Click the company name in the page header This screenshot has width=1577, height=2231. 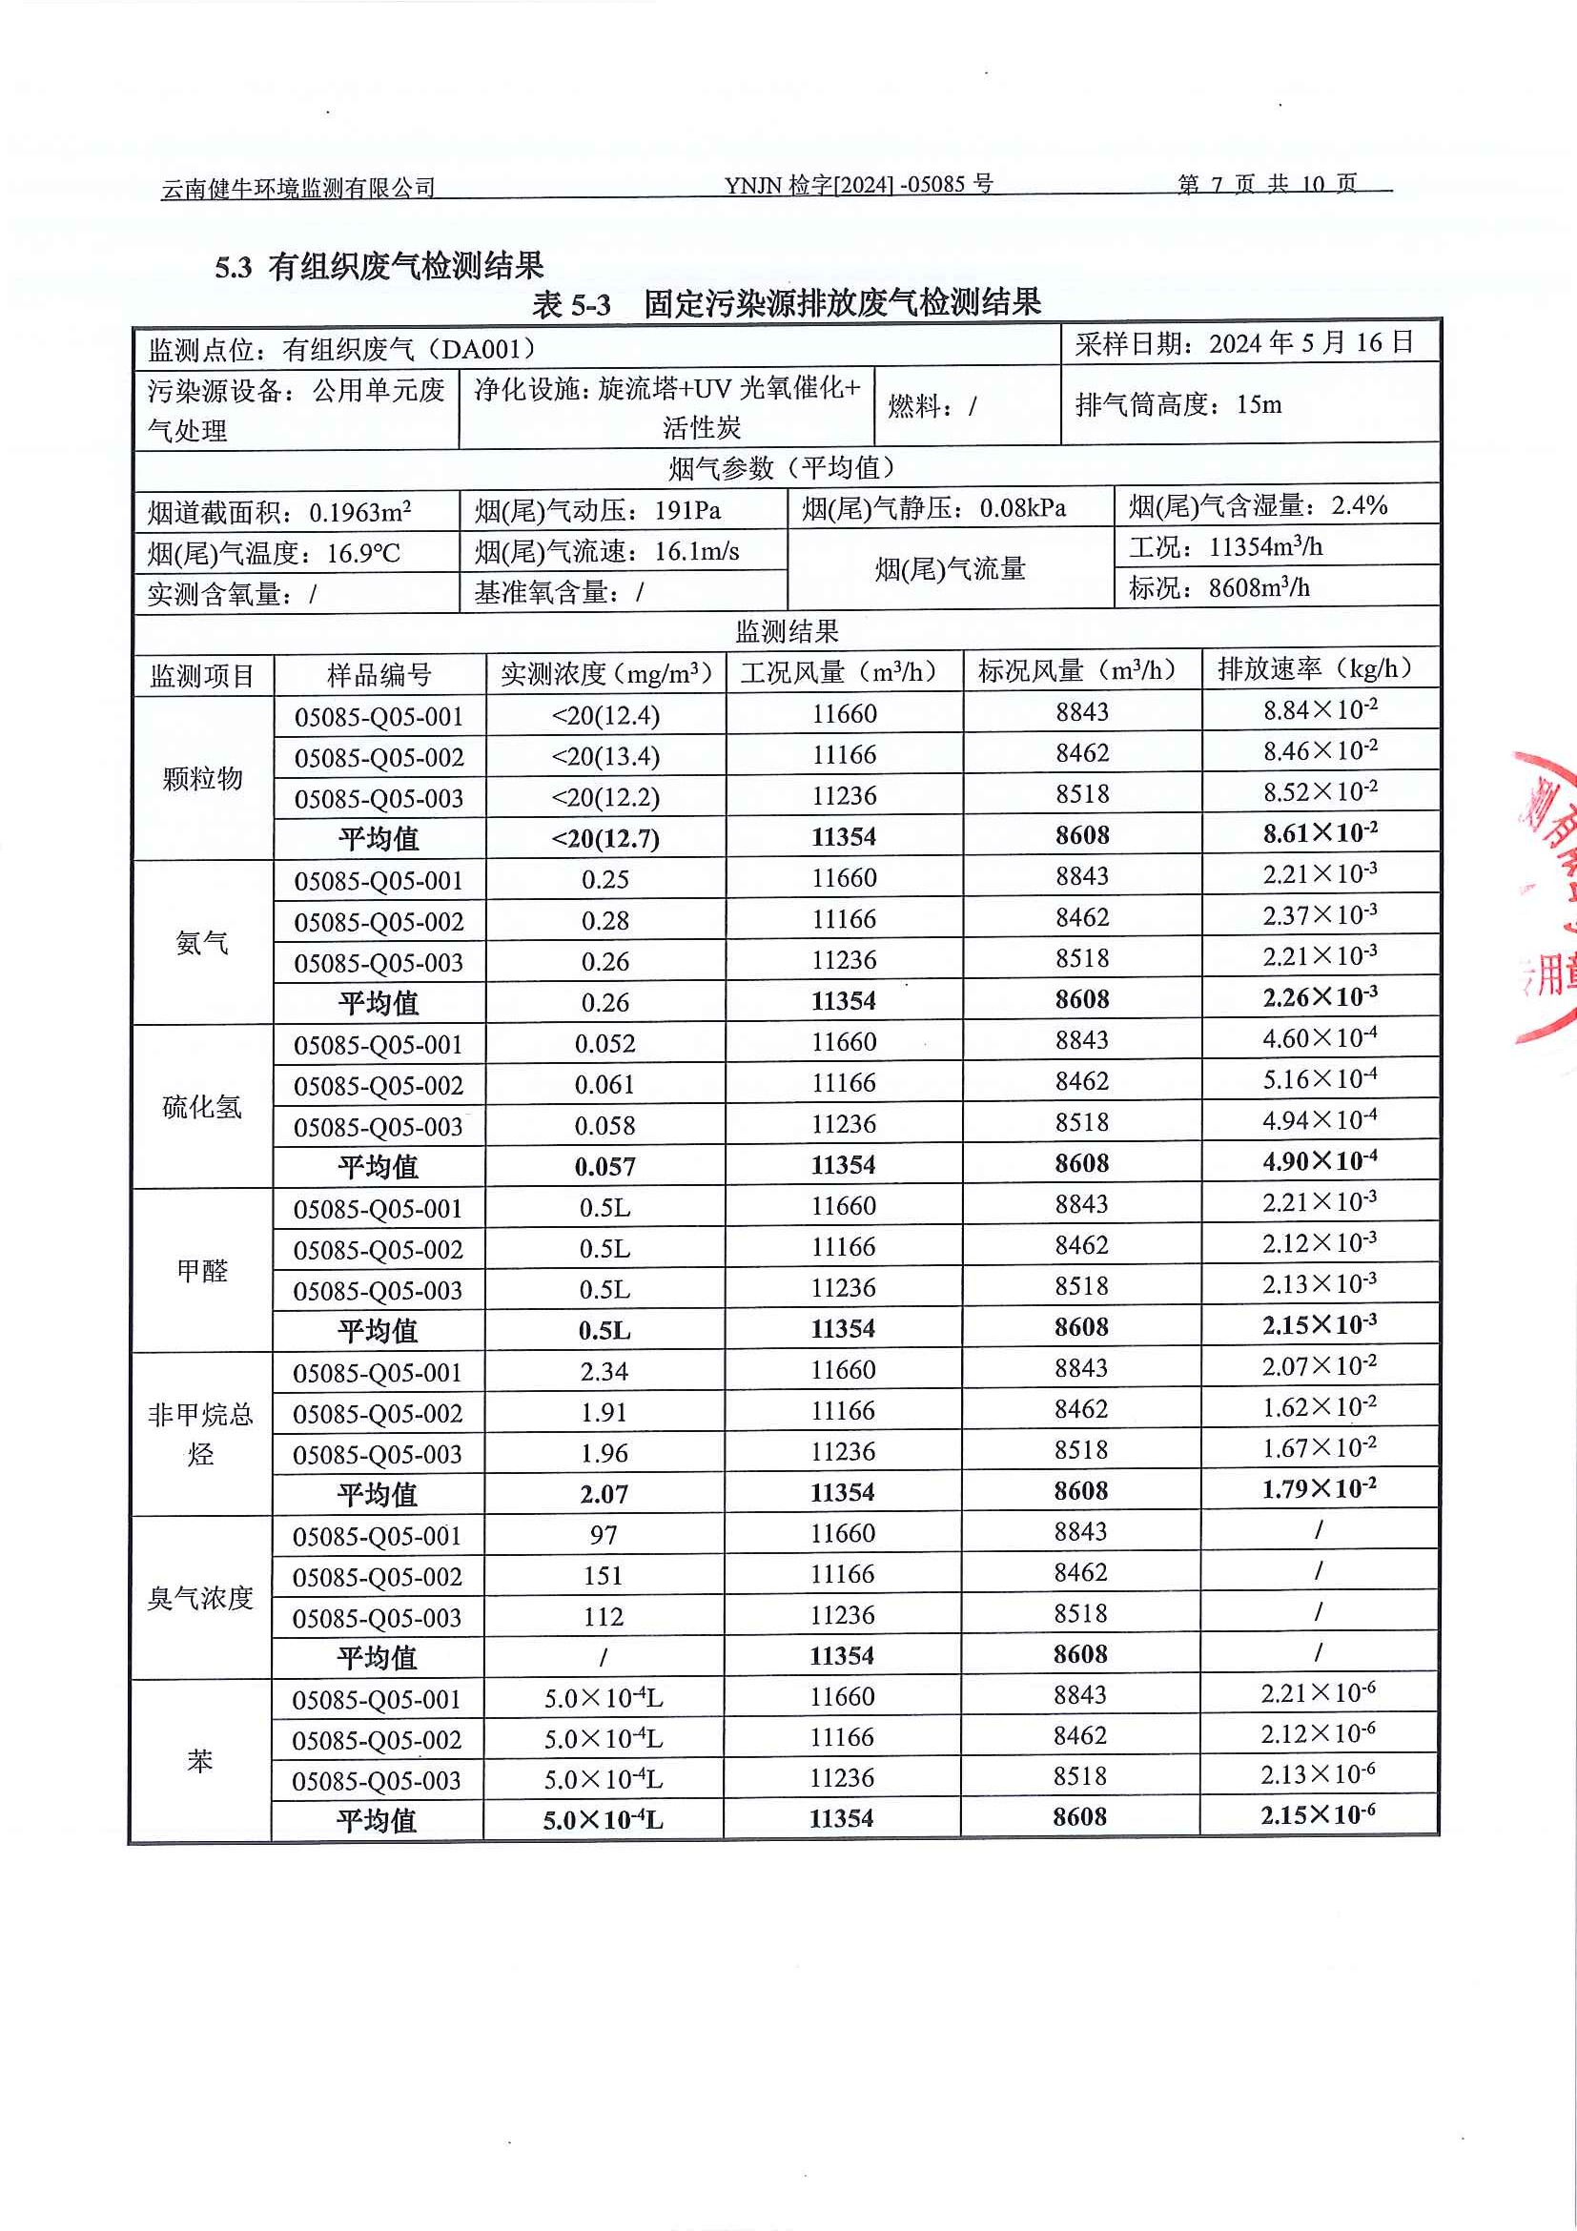(x=298, y=188)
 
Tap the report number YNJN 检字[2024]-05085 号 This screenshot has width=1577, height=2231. (x=858, y=185)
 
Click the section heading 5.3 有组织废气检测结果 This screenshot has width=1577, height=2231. (x=379, y=266)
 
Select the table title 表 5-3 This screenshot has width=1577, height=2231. (x=571, y=305)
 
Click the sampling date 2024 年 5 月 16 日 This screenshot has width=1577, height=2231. (x=1311, y=343)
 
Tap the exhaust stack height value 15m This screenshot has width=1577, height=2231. (x=1259, y=404)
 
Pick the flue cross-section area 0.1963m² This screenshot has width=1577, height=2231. (x=359, y=511)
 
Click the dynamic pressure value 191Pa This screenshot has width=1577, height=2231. (x=687, y=510)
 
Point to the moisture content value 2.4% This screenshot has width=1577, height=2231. (x=1359, y=505)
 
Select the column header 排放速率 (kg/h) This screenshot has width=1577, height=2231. (x=1315, y=668)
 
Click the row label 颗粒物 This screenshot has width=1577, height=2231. (x=202, y=777)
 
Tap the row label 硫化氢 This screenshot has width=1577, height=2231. (x=202, y=1106)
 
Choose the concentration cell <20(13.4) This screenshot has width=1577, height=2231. (x=605, y=756)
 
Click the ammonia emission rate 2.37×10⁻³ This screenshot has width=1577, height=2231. (x=1320, y=915)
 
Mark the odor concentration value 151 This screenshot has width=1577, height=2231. (x=604, y=1575)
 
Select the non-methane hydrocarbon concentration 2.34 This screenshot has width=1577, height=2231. (x=604, y=1371)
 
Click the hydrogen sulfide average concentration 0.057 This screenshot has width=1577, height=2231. (x=604, y=1166)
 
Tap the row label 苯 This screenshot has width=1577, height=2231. (x=200, y=1760)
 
